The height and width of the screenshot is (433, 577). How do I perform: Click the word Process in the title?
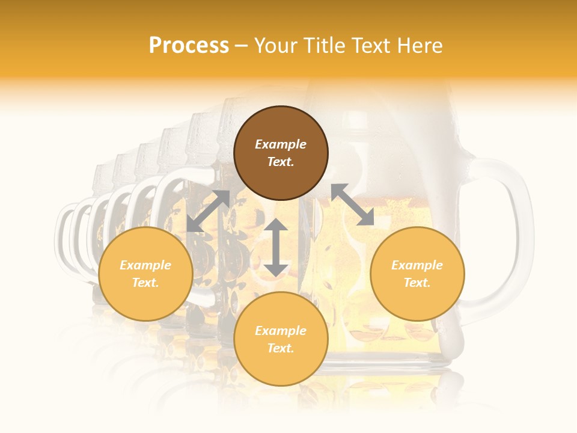[189, 46]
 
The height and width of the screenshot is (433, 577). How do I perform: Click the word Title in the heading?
[323, 46]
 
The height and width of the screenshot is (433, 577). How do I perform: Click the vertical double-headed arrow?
[276, 247]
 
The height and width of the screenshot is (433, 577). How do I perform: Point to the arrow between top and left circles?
[208, 211]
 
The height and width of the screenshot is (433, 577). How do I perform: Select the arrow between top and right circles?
[352, 204]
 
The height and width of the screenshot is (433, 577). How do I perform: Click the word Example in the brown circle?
[281, 144]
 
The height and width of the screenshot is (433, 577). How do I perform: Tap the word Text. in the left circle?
[145, 283]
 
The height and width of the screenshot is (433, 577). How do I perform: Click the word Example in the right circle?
[417, 265]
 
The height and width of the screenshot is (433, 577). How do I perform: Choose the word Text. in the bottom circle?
[281, 348]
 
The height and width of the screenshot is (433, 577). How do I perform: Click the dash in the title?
[242, 46]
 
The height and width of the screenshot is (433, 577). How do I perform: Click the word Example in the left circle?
[145, 265]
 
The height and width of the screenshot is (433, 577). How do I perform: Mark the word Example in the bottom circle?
[281, 331]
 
